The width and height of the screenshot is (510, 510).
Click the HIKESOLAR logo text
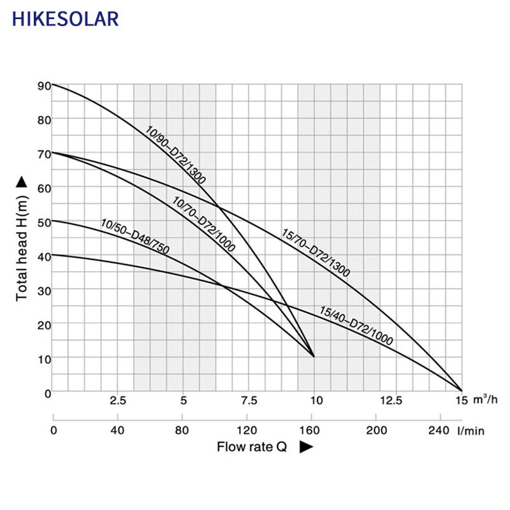click(65, 18)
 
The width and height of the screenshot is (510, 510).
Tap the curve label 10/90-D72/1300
click(175, 156)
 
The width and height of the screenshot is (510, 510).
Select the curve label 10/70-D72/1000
click(204, 224)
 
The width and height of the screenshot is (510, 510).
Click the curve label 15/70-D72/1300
click(316, 252)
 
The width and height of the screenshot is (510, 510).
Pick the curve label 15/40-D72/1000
click(356, 326)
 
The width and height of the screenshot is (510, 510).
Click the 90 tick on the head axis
click(43, 85)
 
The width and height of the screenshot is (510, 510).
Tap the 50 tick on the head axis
click(43, 222)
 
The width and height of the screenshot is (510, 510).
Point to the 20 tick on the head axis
click(43, 324)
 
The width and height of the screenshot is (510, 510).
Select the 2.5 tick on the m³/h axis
click(118, 401)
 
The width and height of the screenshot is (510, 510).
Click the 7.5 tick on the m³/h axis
click(249, 401)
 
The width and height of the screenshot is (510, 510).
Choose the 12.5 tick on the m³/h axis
click(391, 401)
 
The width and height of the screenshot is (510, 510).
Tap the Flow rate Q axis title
click(252, 447)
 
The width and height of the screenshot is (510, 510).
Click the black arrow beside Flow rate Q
click(306, 448)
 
